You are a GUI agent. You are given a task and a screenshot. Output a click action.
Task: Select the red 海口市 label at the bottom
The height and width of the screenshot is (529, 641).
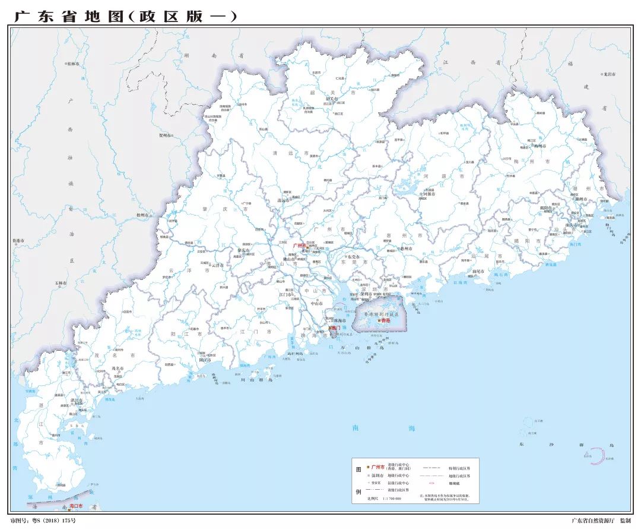coord(76,506)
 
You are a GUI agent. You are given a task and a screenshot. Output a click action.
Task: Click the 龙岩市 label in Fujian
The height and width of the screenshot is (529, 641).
coord(609,74)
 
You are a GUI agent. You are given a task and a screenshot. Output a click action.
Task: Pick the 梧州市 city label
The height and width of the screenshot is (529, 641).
coord(142,215)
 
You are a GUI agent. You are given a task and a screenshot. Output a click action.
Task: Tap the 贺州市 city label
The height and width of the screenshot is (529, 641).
coord(166,136)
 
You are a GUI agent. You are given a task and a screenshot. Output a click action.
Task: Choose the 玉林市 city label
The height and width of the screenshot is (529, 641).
coord(61,283)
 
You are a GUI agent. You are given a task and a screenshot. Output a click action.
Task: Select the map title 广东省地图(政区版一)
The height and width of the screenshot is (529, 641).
coord(125,16)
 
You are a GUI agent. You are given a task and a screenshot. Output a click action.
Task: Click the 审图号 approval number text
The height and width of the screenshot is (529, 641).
coord(42,521)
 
